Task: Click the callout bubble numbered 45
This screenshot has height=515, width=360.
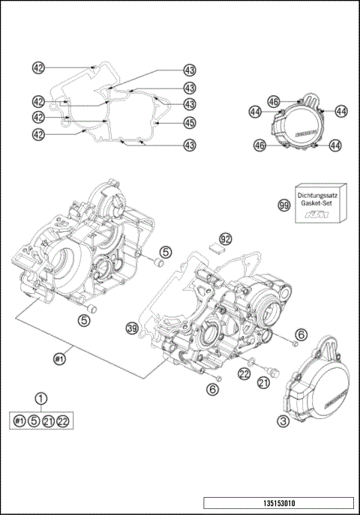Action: click(190, 122)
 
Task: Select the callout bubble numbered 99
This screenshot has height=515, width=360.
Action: click(284, 205)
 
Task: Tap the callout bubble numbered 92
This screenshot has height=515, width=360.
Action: click(225, 239)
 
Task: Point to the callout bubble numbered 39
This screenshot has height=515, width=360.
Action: click(132, 328)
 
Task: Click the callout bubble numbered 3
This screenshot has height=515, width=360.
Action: click(283, 422)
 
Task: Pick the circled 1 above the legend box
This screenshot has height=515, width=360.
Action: click(42, 400)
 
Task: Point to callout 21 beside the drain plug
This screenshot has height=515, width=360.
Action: click(262, 383)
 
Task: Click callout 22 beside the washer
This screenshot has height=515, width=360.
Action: click(244, 373)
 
